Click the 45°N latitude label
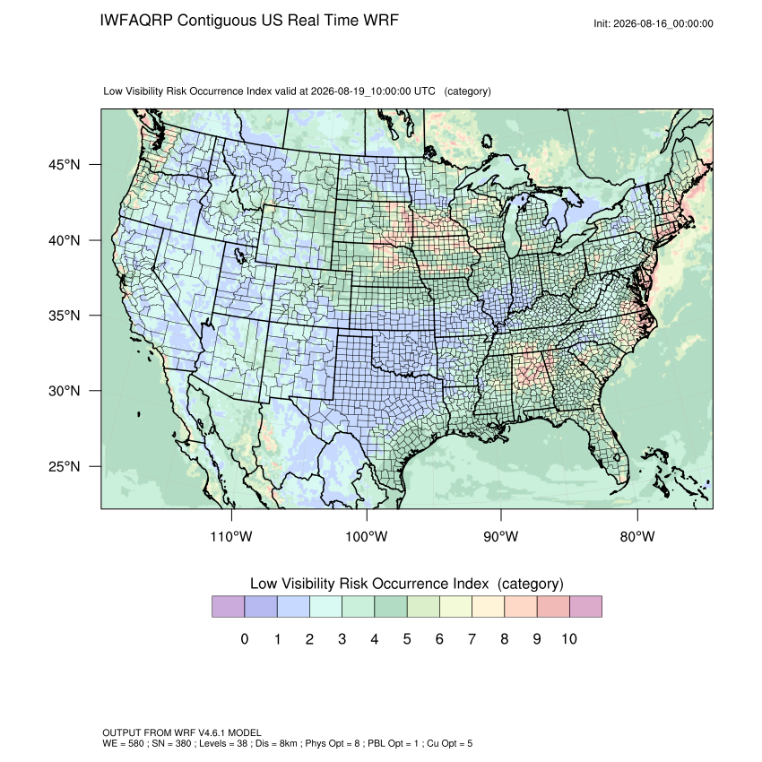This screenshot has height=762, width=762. click(65, 165)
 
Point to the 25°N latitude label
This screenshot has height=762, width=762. click(65, 466)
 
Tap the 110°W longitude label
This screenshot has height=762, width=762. click(231, 536)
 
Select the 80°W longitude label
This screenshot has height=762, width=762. click(637, 536)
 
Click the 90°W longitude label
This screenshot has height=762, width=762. click(500, 536)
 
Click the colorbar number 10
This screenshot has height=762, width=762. click(569, 638)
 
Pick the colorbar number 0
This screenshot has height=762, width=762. click(245, 638)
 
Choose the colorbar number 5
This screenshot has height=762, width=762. click(407, 638)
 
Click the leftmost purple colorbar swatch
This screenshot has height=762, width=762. click(228, 607)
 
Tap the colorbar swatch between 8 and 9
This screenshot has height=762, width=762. click(521, 607)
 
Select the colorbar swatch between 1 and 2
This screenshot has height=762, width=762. click(293, 607)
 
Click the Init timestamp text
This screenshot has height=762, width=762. click(654, 23)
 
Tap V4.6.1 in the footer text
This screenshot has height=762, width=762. click(212, 732)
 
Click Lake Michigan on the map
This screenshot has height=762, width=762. click(512, 229)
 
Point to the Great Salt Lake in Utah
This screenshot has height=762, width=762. click(240, 255)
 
